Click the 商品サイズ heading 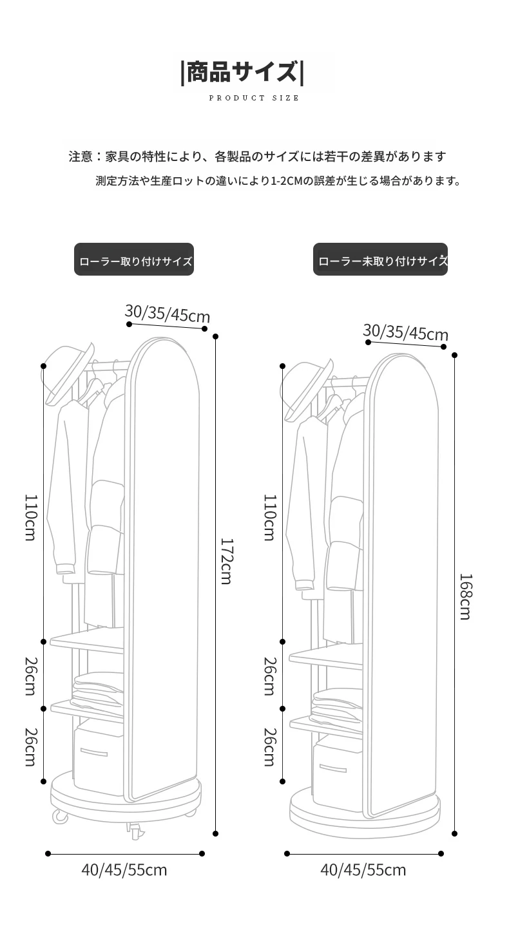(242, 72)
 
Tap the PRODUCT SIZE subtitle (254, 98)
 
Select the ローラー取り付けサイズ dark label (134, 260)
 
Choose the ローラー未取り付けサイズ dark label (381, 260)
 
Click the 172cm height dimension (226, 561)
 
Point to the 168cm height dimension (465, 596)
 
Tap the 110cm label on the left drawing (31, 517)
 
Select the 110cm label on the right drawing (270, 517)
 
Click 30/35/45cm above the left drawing (168, 314)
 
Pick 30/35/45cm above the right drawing (406, 332)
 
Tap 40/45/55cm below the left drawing (124, 869)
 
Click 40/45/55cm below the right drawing (363, 869)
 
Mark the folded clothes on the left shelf (97, 690)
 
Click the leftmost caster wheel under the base (60, 816)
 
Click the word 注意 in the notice (81, 156)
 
